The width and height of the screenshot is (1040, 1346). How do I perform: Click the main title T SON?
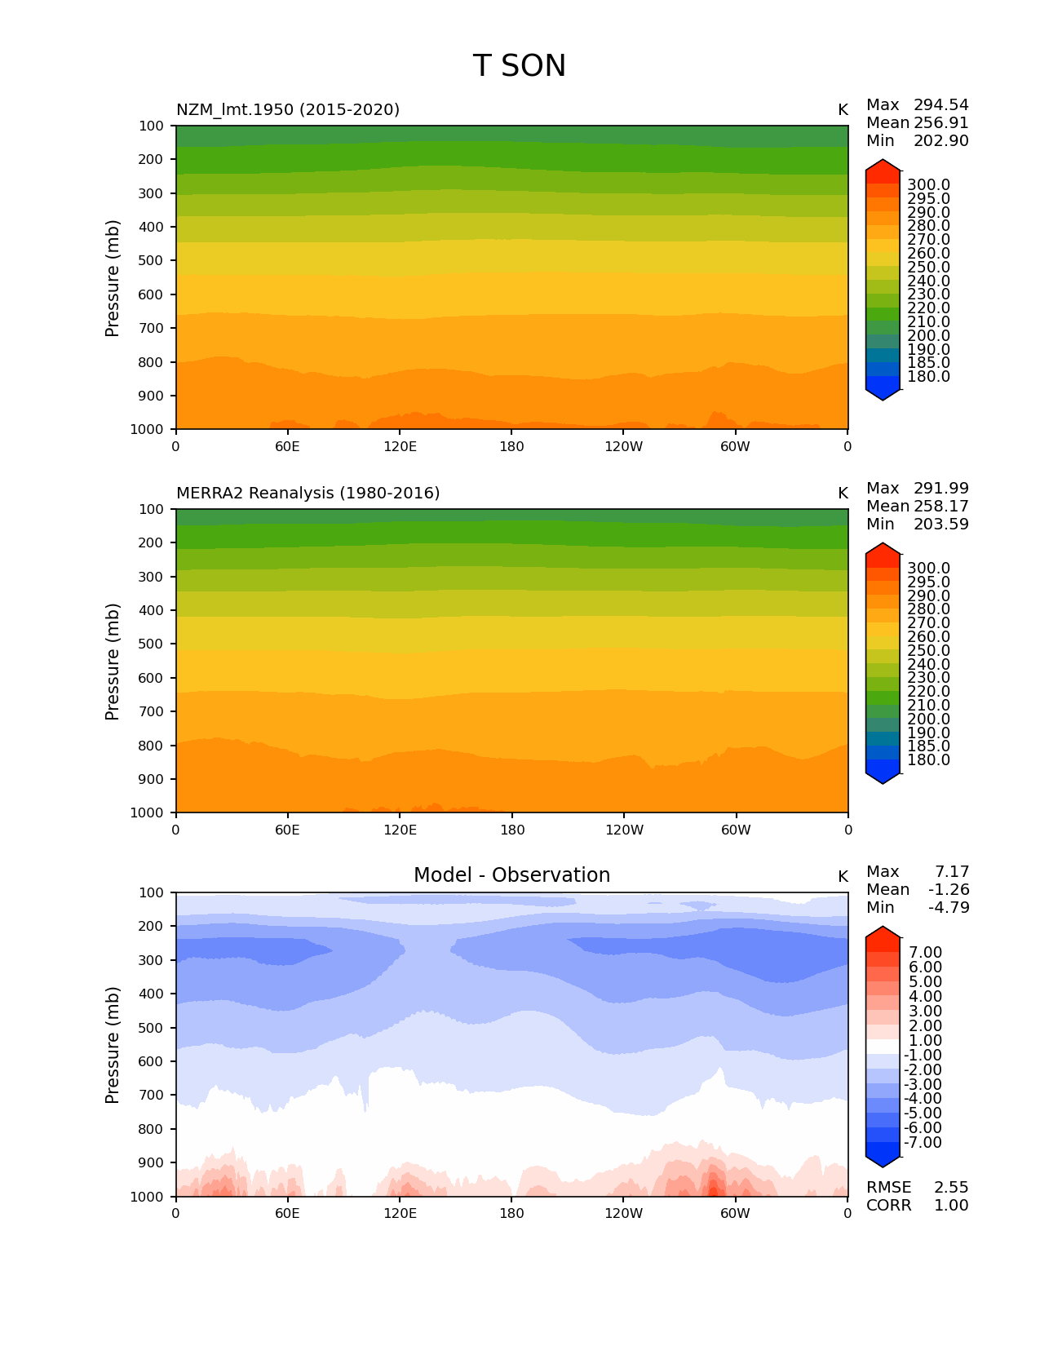[519, 66]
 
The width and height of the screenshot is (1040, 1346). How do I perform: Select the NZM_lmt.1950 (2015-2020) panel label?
[288, 109]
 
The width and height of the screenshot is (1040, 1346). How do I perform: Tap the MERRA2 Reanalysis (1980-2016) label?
[308, 493]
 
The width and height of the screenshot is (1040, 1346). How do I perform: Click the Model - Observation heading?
[511, 875]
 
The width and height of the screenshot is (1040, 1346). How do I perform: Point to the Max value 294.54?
[940, 104]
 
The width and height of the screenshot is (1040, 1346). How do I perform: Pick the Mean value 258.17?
[940, 506]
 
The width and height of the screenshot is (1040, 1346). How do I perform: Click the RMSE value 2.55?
[951, 1187]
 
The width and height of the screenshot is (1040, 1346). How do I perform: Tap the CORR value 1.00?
[951, 1205]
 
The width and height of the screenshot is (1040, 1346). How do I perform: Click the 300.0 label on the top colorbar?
[928, 185]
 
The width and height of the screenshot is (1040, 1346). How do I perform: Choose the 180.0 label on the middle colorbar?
[928, 759]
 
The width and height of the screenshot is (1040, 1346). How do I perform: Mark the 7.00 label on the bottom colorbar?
[925, 952]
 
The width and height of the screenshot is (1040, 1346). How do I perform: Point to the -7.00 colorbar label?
[923, 1142]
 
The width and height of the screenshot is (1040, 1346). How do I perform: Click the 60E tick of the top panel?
[287, 446]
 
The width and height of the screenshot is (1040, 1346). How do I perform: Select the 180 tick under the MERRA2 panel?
[511, 830]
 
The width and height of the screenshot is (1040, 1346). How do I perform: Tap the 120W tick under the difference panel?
[623, 1213]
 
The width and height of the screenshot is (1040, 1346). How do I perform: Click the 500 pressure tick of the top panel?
[152, 260]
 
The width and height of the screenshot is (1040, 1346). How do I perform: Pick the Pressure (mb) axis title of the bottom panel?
[113, 1044]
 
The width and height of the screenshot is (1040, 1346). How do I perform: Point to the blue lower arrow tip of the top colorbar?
[883, 396]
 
